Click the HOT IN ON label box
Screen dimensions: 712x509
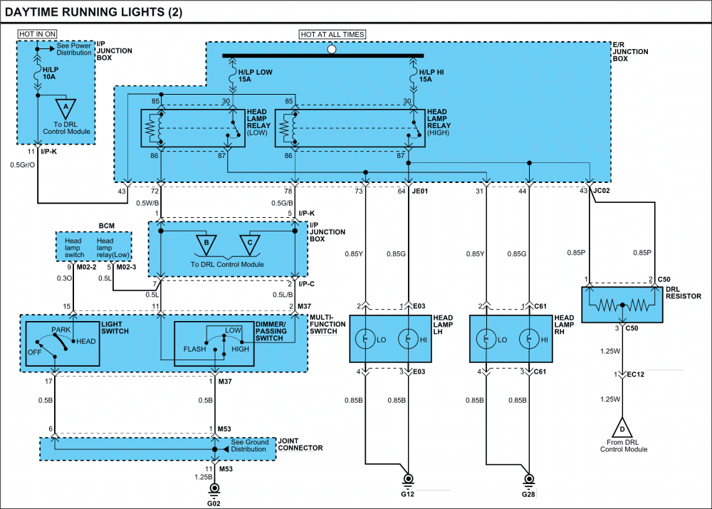pos(37,34)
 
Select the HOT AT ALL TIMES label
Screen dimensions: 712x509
pos(333,34)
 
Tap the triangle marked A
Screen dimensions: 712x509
pos(66,108)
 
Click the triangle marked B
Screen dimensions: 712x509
pos(206,244)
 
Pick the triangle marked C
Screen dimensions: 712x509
pos(250,244)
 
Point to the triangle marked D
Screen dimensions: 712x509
pos(622,428)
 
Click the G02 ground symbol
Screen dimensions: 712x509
pos(214,489)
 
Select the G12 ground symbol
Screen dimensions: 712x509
pos(408,480)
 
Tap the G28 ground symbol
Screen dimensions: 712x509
pos(528,480)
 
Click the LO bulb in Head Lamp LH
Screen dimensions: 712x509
pos(365,339)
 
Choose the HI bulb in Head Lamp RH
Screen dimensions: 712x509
pos(528,339)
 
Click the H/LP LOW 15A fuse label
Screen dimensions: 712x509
pos(255,76)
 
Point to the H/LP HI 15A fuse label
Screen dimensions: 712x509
pos(431,76)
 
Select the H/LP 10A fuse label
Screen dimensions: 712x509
pos(51,73)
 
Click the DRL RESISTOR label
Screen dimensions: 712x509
pos(684,293)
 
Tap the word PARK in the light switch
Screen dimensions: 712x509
pos(61,330)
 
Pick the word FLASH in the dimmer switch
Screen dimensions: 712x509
pos(194,349)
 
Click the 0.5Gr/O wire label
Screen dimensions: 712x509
pos(23,165)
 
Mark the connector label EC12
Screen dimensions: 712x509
pos(636,374)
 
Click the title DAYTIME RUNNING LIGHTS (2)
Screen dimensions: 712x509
pos(93,12)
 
